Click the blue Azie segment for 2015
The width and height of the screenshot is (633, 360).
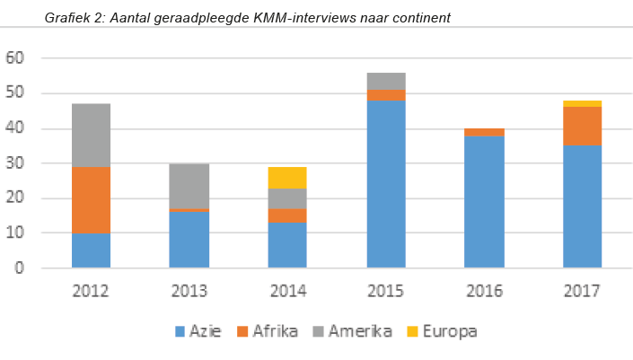point(386,184)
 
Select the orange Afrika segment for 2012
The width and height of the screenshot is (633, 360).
point(91,199)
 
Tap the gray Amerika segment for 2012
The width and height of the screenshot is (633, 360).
point(91,135)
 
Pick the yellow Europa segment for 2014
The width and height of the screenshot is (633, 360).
point(287,177)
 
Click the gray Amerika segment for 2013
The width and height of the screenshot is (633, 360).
point(189,186)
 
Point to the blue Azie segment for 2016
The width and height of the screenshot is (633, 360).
point(485,202)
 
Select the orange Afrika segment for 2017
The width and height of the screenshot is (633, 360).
point(582,126)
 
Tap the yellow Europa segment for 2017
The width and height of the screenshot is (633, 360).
point(582,103)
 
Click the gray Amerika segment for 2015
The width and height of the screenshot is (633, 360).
point(386,81)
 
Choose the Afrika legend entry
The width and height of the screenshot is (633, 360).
point(266,331)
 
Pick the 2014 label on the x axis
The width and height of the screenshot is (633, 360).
point(287,291)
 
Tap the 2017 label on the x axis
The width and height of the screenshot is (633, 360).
point(582,291)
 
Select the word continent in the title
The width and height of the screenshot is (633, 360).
point(418,17)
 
